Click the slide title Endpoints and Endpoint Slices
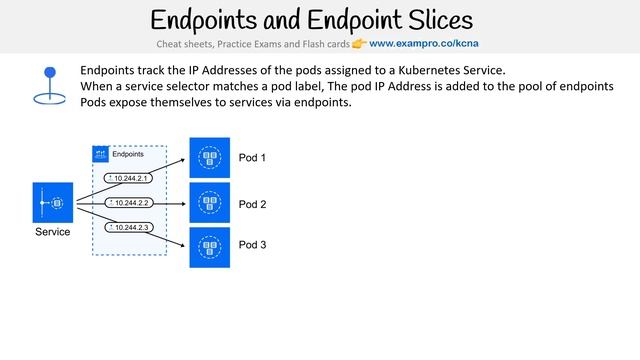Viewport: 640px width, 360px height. click(x=311, y=19)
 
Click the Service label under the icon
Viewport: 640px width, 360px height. click(x=52, y=232)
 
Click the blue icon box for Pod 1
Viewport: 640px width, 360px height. click(x=210, y=158)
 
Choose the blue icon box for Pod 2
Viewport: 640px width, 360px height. click(x=210, y=203)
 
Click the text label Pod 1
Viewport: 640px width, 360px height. click(x=252, y=158)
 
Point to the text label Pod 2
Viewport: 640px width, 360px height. click(x=252, y=204)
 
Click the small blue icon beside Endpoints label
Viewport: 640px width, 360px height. click(x=100, y=154)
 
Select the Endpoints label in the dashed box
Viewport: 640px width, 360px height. click(x=127, y=154)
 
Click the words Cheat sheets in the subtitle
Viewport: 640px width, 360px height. click(x=182, y=44)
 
